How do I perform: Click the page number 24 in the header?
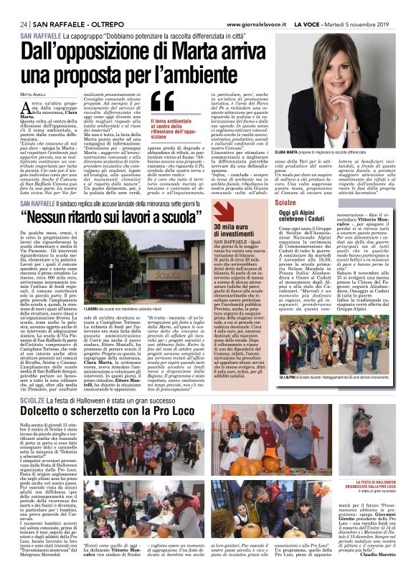(x=24, y=24)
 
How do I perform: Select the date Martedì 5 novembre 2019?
(x=367, y=24)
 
